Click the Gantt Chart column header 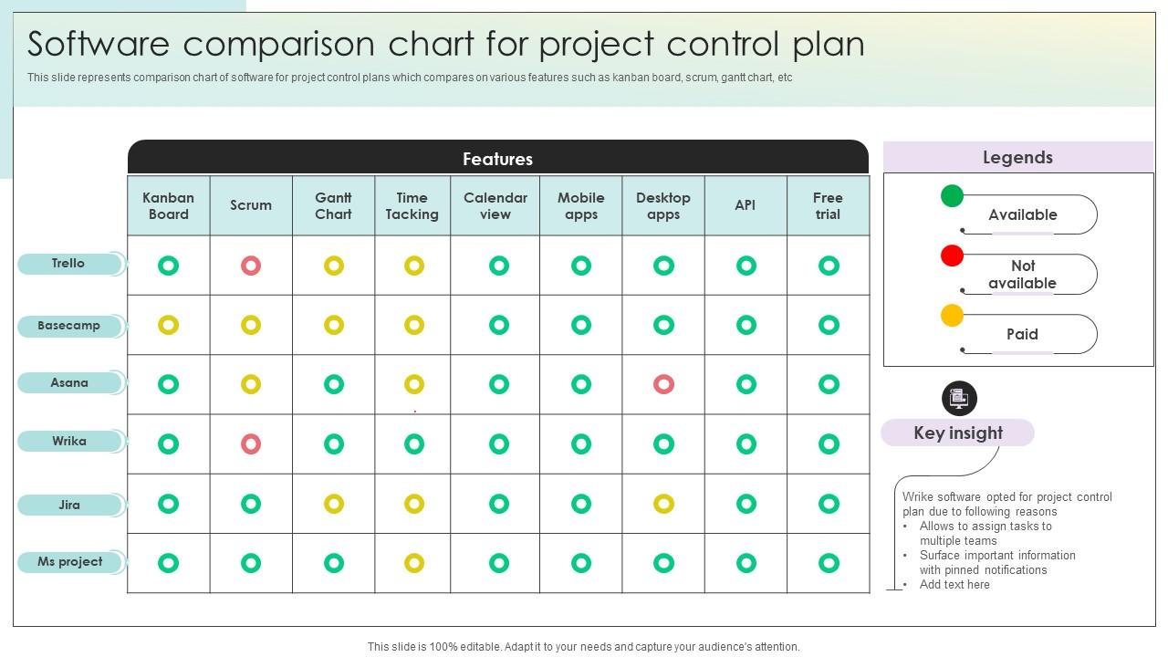click(333, 206)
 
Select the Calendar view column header click(495, 206)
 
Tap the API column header click(746, 205)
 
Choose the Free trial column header click(828, 206)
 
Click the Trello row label click(68, 264)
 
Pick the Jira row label click(69, 505)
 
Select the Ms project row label click(70, 562)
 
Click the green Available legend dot click(952, 196)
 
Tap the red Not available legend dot click(952, 255)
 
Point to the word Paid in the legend click(1022, 334)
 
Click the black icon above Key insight click(959, 399)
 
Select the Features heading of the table click(498, 159)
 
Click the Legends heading click(1017, 158)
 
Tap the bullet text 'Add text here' click(954, 585)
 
